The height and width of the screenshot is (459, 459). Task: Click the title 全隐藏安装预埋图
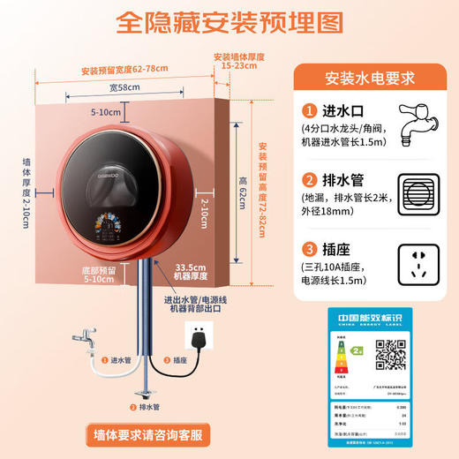[x=229, y=21]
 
